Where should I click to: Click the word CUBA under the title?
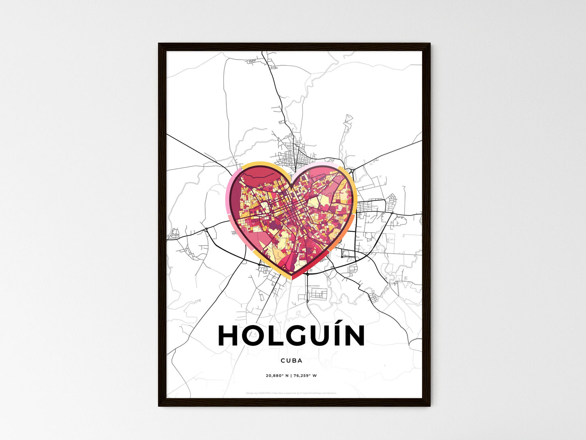[291, 360]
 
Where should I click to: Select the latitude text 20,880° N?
[277, 375]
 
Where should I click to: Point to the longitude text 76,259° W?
[305, 375]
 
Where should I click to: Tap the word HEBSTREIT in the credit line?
[265, 393]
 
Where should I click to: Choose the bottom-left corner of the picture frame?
[159, 405]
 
